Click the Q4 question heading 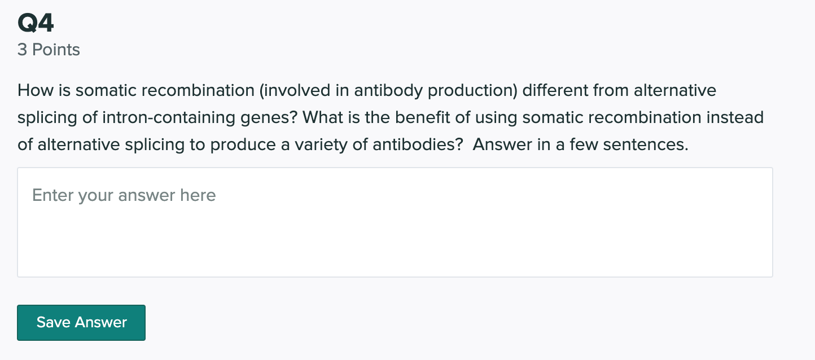coord(36,24)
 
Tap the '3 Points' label coord(49,50)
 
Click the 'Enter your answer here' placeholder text coord(124,195)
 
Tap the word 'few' coord(584,144)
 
